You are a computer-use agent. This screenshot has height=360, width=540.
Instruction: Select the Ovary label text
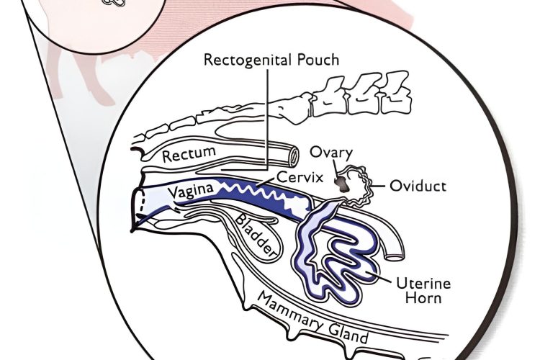(x=330, y=153)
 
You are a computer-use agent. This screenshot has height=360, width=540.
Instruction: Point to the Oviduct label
(x=418, y=186)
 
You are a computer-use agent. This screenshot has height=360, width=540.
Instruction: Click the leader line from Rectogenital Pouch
(x=268, y=115)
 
